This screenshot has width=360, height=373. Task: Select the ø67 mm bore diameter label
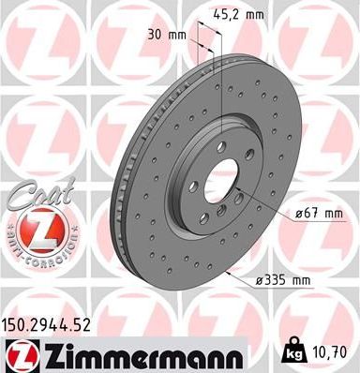tap(320, 215)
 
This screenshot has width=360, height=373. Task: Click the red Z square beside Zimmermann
tap(18, 353)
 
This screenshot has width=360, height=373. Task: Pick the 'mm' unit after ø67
tap(332, 215)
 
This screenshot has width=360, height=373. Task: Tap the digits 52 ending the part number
tap(85, 325)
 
